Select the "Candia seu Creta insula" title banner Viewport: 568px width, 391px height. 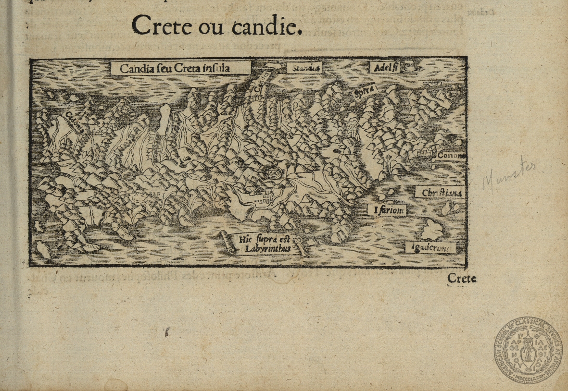point(181,68)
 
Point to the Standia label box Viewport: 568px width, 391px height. point(304,68)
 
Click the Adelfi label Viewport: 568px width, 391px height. point(385,68)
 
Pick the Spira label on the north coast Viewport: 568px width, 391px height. point(364,91)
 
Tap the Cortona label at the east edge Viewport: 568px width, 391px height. point(451,155)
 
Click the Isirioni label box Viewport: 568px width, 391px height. point(387,210)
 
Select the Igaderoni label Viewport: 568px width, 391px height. point(430,248)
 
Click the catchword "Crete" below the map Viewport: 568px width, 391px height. point(462,278)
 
